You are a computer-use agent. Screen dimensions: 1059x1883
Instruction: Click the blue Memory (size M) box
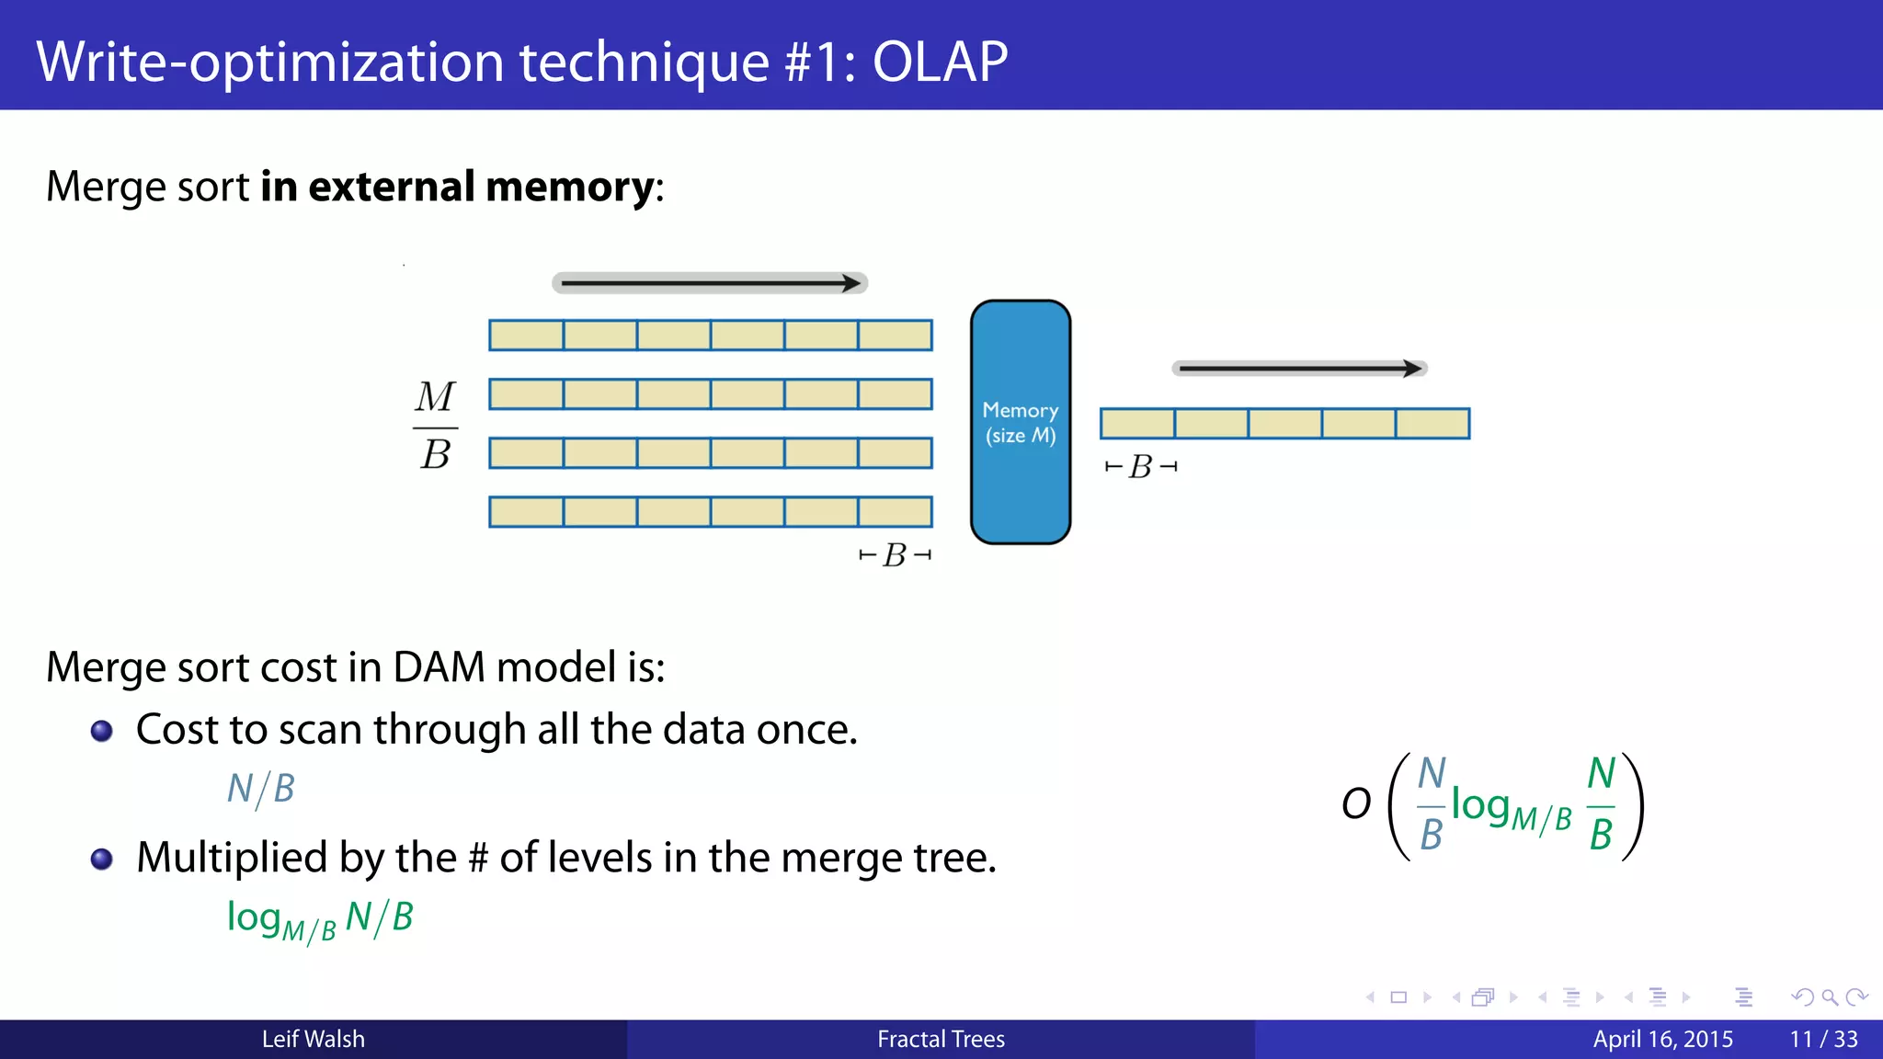(x=1021, y=422)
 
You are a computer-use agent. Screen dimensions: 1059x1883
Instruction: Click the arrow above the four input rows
(x=710, y=283)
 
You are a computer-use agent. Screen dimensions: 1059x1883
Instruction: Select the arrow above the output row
(x=1298, y=369)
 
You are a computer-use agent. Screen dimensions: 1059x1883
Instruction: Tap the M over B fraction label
(x=435, y=426)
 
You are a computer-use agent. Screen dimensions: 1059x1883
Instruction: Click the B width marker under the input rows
(x=895, y=555)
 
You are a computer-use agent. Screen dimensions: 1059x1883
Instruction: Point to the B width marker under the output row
(x=1140, y=467)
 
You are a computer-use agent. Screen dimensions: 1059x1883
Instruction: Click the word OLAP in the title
(x=940, y=62)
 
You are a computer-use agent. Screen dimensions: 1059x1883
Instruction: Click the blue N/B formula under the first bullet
(x=261, y=789)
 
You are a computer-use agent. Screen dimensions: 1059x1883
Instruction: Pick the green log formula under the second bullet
(x=320, y=918)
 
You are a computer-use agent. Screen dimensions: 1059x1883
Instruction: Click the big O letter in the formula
(x=1356, y=804)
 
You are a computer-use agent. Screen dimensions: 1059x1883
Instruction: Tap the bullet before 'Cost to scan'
(x=102, y=732)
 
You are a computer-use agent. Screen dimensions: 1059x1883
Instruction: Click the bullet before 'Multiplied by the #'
(x=102, y=860)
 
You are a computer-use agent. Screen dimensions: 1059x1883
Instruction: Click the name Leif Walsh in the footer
(x=313, y=1040)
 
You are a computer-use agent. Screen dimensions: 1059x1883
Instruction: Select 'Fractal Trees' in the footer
(x=941, y=1040)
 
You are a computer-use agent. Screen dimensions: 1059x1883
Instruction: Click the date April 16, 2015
(x=1662, y=1040)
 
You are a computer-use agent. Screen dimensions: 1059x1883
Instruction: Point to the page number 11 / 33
(x=1823, y=1040)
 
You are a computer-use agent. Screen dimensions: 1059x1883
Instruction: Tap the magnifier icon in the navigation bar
(x=1830, y=997)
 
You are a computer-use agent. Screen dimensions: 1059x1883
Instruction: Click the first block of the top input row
(x=526, y=336)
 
